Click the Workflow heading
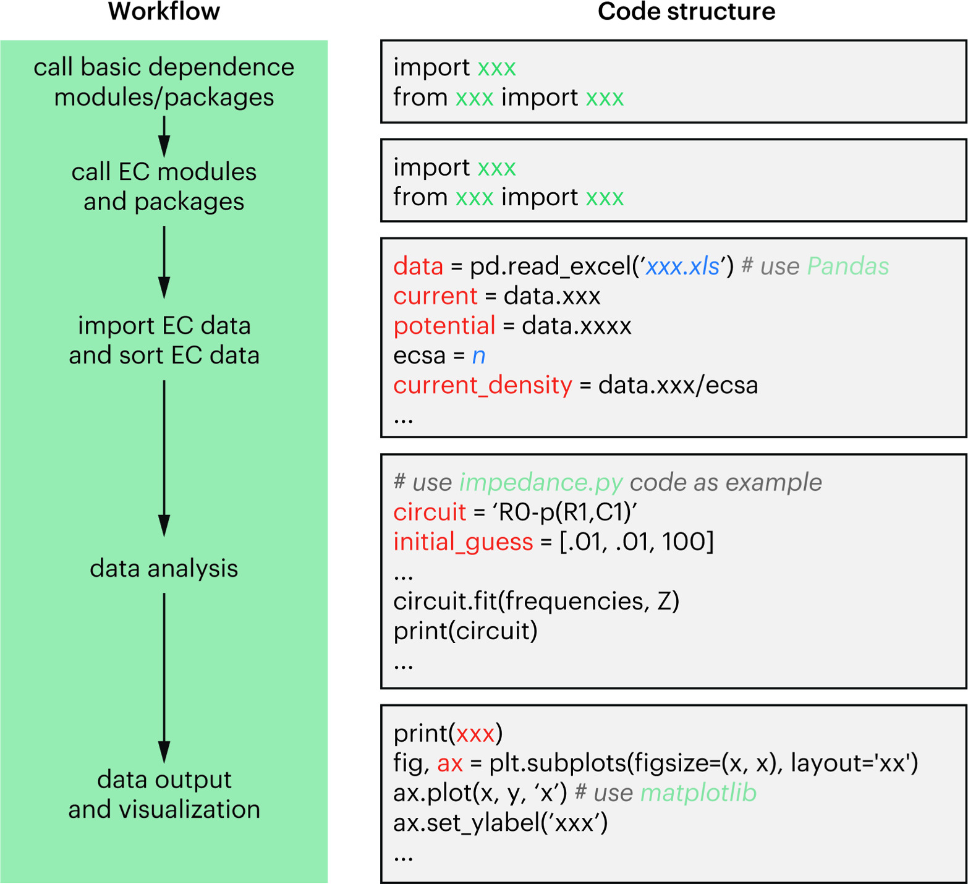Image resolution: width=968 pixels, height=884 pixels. coord(164,12)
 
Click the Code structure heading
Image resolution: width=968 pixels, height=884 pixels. coord(686,12)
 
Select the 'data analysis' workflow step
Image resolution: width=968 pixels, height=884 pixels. coord(164,568)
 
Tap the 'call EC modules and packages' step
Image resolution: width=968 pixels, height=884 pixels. coord(164,187)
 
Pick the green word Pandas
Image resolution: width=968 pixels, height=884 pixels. coord(847,266)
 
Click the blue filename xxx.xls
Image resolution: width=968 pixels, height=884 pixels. coord(682,266)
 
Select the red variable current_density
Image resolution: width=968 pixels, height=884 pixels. coord(483,385)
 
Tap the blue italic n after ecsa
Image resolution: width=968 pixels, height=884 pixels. coord(478,355)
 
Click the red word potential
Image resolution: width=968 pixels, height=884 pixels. coord(444,326)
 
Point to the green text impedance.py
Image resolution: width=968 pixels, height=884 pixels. coord(541,482)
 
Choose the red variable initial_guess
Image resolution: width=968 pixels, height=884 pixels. coord(463,542)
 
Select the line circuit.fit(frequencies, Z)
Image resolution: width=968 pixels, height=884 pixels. coord(536,601)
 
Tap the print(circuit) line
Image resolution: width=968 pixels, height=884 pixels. coord(465,631)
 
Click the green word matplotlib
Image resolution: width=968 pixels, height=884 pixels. coord(698,793)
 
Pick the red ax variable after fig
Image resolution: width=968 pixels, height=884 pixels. coord(450,763)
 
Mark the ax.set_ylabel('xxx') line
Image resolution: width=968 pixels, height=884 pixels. coord(501,823)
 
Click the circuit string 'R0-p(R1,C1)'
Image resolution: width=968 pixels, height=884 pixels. coord(564,512)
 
